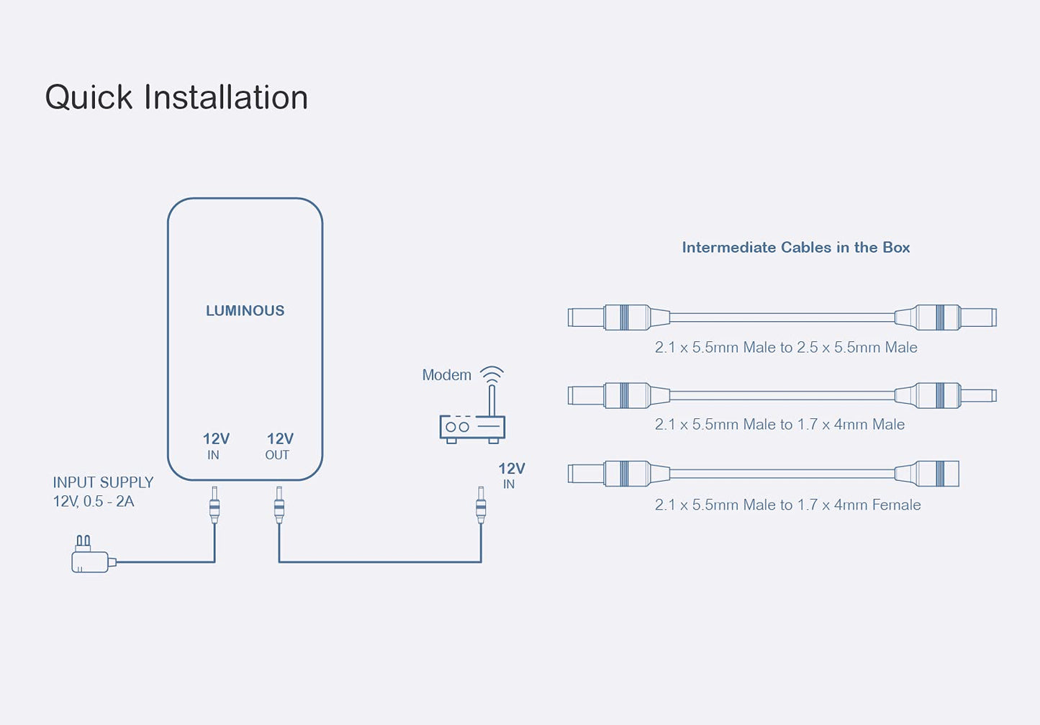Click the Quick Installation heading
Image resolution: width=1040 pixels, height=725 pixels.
pos(176,97)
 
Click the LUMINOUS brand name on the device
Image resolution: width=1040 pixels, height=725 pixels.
pos(245,310)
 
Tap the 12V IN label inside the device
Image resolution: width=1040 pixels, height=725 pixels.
pos(215,446)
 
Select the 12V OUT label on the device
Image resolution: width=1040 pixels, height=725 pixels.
pos(279,446)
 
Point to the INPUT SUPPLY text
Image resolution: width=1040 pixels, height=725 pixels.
pos(103,482)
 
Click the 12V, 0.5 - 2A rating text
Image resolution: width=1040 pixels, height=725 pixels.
pos(94,501)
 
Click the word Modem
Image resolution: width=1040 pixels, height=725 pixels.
pos(446,375)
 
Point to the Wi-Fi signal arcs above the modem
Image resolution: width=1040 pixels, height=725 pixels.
pos(492,374)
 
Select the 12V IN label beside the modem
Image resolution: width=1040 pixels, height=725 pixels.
pos(511,475)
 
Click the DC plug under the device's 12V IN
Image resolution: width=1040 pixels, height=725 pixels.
pos(214,505)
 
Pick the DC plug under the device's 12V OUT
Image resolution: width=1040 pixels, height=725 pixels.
pos(279,505)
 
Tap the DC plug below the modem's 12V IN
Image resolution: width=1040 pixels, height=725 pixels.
pos(481,505)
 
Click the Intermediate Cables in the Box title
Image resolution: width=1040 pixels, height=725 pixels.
pos(795,247)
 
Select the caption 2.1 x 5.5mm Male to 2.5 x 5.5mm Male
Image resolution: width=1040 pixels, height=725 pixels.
pos(786,347)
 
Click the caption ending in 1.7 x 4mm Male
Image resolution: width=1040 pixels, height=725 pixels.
pos(779,424)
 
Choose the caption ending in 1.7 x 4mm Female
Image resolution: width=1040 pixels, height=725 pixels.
pos(787,505)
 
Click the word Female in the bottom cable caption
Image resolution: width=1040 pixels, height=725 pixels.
pos(896,505)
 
